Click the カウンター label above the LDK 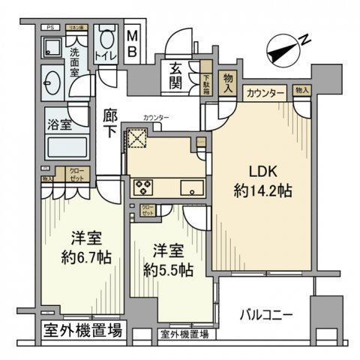point(265,93)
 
